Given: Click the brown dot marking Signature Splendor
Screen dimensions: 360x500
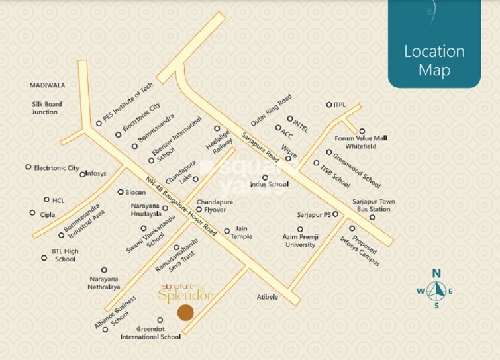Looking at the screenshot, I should pyautogui.click(x=187, y=312).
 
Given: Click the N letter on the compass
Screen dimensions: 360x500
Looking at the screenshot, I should pyautogui.click(x=436, y=273).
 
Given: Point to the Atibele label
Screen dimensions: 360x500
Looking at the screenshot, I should pyautogui.click(x=268, y=297).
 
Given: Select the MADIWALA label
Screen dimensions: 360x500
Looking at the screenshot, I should pyautogui.click(x=46, y=85).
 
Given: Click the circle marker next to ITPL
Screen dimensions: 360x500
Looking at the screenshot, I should pyautogui.click(x=329, y=105).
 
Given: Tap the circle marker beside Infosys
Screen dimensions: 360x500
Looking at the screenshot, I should pyautogui.click(x=83, y=174).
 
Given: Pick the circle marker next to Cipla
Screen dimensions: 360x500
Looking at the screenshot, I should pyautogui.click(x=32, y=213).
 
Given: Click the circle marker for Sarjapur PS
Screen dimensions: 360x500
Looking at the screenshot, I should pyautogui.click(x=336, y=214).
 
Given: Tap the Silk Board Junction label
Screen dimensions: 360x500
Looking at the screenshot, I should pyautogui.click(x=46, y=108).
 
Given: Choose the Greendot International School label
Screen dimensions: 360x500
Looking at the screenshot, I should pyautogui.click(x=150, y=332).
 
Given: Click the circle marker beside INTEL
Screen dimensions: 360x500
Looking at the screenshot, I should pyautogui.click(x=289, y=119).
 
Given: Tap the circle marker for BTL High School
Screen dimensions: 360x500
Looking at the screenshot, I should pyautogui.click(x=44, y=258).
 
